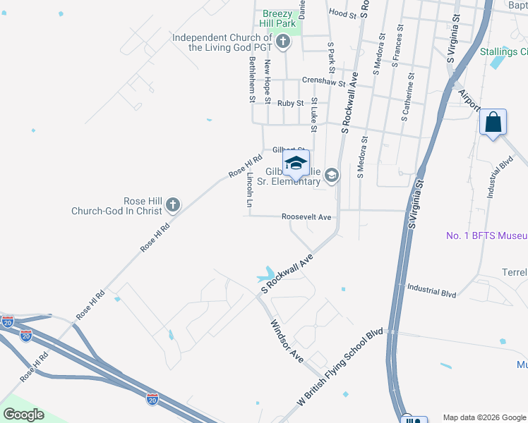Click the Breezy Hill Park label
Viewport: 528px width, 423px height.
[x=282, y=18]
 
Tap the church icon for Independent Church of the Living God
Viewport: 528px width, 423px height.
[x=283, y=42]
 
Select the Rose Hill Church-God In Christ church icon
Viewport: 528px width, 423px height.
[x=172, y=205]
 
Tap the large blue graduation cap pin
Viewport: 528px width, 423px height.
[x=296, y=165]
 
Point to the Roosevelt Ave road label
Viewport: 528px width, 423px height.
[x=306, y=217]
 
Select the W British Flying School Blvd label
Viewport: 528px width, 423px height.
[x=340, y=366]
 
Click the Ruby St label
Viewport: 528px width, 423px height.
[x=290, y=103]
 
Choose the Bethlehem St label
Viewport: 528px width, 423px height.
[x=251, y=80]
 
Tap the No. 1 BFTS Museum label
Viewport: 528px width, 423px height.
[x=486, y=235]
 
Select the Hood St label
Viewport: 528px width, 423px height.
[x=342, y=13]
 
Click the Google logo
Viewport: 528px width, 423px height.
[x=23, y=415]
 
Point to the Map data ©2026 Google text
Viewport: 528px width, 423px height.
[x=484, y=417]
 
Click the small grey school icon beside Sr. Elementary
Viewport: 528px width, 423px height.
[x=331, y=175]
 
